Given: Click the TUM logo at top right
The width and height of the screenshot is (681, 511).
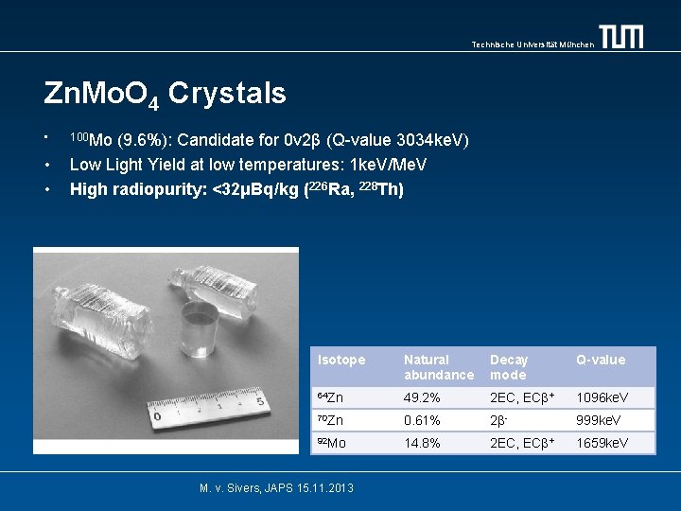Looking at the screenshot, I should [x=621, y=37].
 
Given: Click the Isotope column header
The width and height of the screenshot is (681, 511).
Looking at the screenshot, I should [x=341, y=360].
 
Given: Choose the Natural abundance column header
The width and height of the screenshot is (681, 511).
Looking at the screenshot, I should [x=438, y=367].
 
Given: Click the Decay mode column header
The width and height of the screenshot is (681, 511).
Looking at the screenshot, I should [x=509, y=367].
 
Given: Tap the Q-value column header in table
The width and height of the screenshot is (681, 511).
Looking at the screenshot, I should [x=601, y=360].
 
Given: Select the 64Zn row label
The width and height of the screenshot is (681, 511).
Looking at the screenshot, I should [x=330, y=396].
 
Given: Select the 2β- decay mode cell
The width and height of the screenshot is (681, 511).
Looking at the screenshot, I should [x=501, y=420].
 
